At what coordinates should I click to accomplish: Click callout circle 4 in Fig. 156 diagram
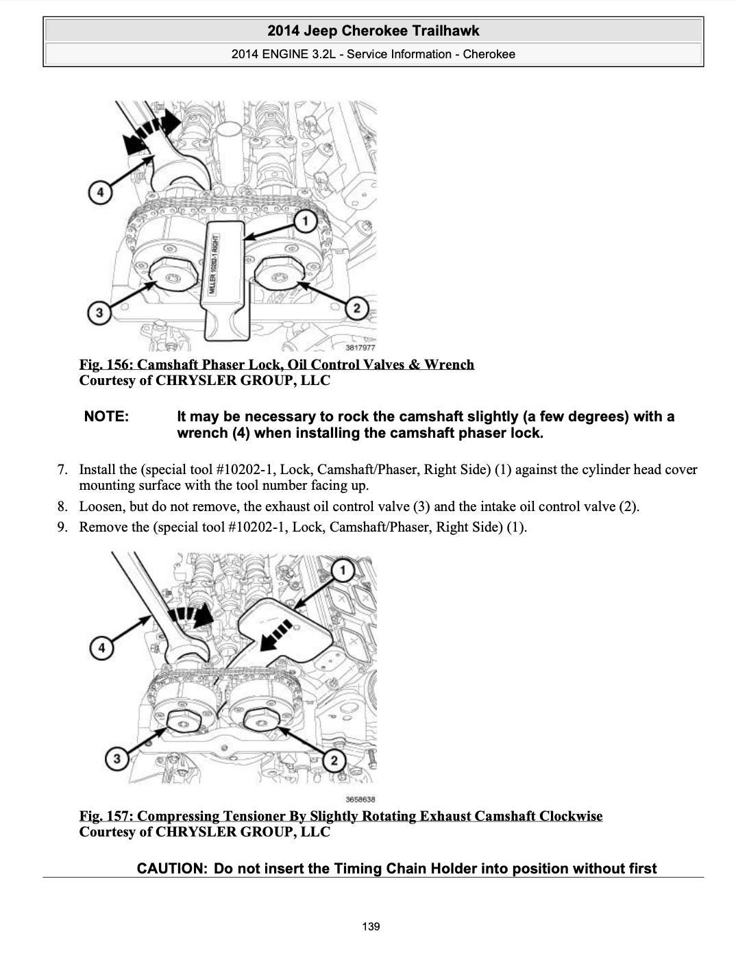pyautogui.click(x=101, y=192)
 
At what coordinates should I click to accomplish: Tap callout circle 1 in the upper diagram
pyautogui.click(x=305, y=221)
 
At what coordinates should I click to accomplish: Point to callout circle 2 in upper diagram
pyautogui.click(x=356, y=308)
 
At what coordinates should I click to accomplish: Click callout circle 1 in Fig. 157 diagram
pyautogui.click(x=343, y=570)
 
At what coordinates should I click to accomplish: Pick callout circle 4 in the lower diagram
pyautogui.click(x=101, y=647)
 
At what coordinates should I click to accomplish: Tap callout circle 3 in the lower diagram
pyautogui.click(x=117, y=758)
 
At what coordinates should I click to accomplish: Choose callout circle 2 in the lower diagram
pyautogui.click(x=334, y=760)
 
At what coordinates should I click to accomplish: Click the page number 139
pyautogui.click(x=371, y=927)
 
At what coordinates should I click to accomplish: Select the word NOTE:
pyautogui.click(x=106, y=417)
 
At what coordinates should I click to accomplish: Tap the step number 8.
pyautogui.click(x=62, y=507)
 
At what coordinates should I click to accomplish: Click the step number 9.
pyautogui.click(x=62, y=528)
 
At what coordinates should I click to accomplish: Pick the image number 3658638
pyautogui.click(x=360, y=799)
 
